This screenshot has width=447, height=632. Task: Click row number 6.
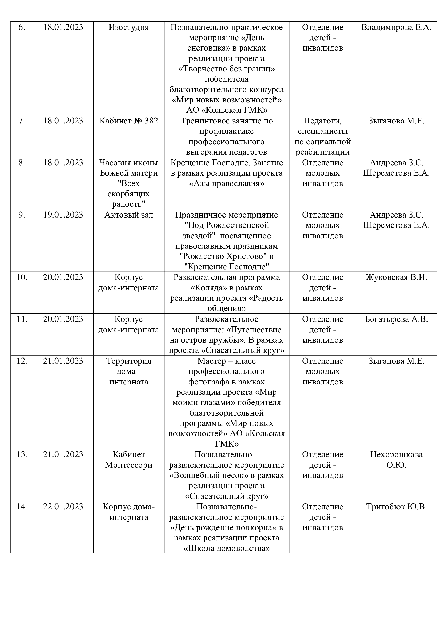(x=21, y=28)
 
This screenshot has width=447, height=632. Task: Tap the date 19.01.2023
(x=63, y=215)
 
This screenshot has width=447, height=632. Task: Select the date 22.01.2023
(x=63, y=506)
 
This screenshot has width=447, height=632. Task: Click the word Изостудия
(x=129, y=28)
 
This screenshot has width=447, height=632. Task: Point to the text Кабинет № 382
(x=129, y=121)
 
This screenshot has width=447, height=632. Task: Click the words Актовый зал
(x=129, y=215)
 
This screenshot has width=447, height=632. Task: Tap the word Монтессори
(x=129, y=465)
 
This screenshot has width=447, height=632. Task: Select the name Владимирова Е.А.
(x=396, y=28)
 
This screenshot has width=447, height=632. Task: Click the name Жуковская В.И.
(x=396, y=277)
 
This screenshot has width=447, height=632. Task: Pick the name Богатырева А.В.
(x=396, y=319)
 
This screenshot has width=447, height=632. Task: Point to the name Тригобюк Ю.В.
(x=396, y=506)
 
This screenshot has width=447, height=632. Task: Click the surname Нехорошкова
(x=396, y=454)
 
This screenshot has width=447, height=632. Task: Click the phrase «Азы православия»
(x=226, y=183)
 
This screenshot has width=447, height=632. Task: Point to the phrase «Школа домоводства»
(x=226, y=548)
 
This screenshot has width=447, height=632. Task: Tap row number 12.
(x=21, y=361)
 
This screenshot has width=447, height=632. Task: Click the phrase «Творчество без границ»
(x=226, y=69)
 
